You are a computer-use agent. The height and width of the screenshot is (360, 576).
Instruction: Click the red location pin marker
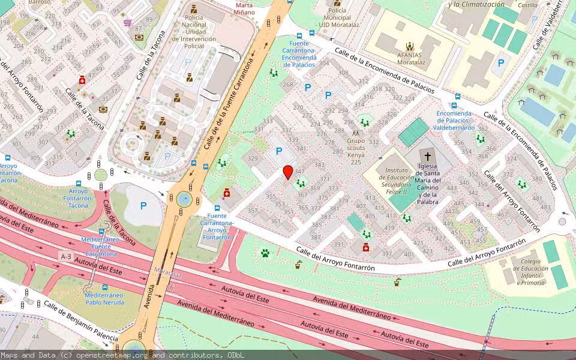click(x=288, y=172)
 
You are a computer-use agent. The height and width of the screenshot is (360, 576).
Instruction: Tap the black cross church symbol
click(x=428, y=156)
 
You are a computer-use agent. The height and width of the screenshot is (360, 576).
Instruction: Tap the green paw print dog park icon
click(x=265, y=253)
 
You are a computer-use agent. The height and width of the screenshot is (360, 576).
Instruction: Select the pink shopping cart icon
click(x=127, y=23)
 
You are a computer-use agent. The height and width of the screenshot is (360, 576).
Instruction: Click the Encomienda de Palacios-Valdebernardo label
click(x=454, y=120)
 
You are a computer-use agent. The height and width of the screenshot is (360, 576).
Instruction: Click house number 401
click(x=409, y=254)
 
